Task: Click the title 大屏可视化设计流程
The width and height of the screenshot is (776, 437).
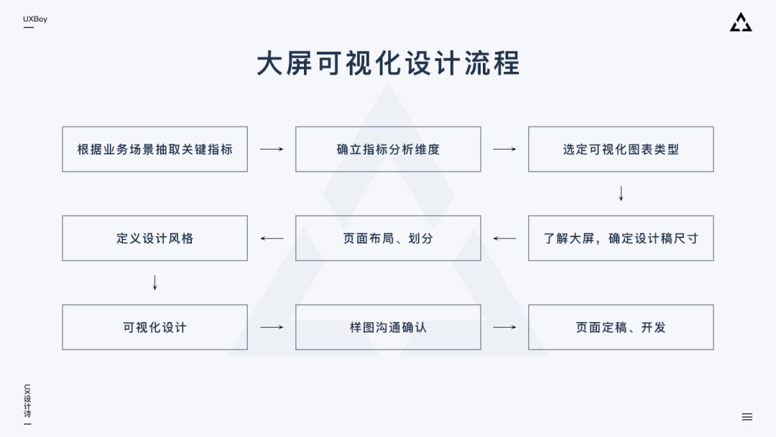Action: (x=388, y=63)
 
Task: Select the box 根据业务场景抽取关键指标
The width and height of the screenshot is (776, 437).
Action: (x=154, y=149)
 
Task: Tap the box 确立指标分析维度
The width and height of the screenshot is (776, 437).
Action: (x=388, y=149)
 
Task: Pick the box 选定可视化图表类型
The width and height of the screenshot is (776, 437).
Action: (x=621, y=149)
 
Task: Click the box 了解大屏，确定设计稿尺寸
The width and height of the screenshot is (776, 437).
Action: (x=621, y=238)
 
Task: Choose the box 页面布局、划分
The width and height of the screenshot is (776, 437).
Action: (x=388, y=238)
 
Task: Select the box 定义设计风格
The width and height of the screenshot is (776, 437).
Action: (x=154, y=238)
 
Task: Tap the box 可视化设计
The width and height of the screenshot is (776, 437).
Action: (x=154, y=327)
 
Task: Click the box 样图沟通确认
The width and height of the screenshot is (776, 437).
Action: (x=388, y=327)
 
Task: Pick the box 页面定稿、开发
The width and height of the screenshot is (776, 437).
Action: (x=621, y=327)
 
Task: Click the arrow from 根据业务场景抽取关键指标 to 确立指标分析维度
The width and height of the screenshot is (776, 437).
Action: (x=272, y=149)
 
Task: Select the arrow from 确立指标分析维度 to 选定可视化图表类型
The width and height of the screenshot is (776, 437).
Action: (x=504, y=149)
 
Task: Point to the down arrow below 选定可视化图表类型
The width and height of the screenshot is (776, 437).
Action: (x=621, y=193)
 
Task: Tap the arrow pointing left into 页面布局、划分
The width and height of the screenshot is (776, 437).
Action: (x=504, y=238)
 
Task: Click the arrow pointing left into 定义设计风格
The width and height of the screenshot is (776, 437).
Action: (x=272, y=238)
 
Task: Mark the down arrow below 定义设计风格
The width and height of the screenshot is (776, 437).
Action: (x=154, y=282)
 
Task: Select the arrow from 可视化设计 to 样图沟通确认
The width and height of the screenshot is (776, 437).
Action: (x=272, y=327)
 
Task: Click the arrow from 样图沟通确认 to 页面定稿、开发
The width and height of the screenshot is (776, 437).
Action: (x=504, y=327)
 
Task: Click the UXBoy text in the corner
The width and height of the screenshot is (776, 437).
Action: (x=35, y=19)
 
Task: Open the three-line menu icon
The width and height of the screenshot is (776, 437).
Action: (x=747, y=417)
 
